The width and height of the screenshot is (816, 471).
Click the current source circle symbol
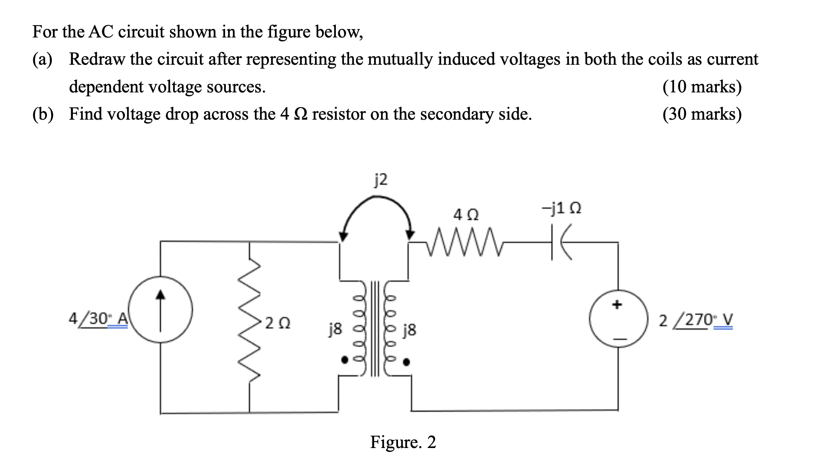coord(160,310)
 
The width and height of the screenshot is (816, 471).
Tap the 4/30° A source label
coord(98,319)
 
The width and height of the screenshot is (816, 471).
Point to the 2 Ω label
coord(277,323)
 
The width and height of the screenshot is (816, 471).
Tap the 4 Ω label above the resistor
coord(466,215)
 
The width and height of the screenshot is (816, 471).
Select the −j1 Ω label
coord(561,209)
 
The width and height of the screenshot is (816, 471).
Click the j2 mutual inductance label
coord(381,180)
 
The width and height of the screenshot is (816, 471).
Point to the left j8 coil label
coord(335,329)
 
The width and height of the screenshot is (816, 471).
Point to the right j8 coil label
coord(409,330)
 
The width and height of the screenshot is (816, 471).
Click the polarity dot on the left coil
coord(344,360)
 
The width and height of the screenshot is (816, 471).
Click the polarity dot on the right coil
coord(407,362)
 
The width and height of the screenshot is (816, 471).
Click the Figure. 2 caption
coord(403,442)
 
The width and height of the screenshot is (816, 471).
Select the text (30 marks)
coord(702,114)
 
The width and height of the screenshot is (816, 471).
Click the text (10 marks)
coord(702,87)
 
